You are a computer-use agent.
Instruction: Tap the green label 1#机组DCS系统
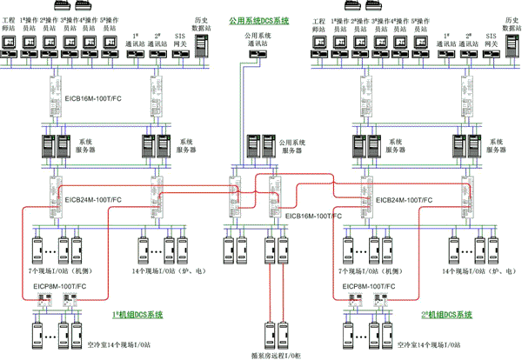pyautogui.click(x=138, y=313)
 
